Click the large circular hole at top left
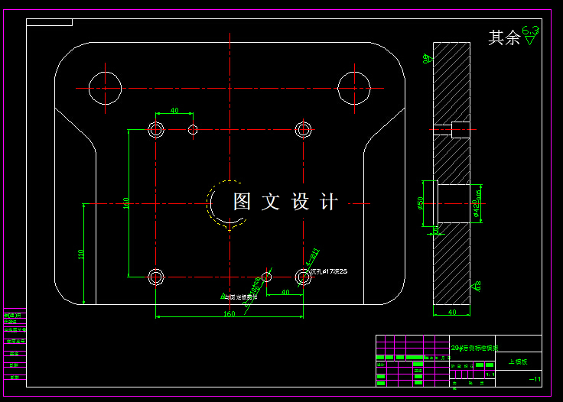[x=105, y=88]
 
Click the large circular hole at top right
[x=354, y=88]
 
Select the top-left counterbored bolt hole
[x=156, y=129]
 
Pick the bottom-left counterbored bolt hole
[x=156, y=276]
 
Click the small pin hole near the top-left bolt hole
[x=193, y=129]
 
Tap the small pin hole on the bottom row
[x=266, y=276]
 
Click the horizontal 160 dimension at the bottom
[x=229, y=313]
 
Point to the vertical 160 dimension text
[x=126, y=205]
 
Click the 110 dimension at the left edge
[x=81, y=254]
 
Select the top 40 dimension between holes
[x=174, y=112]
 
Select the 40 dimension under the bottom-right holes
[x=285, y=292]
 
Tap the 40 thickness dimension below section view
[x=451, y=312]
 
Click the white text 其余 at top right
[x=504, y=38]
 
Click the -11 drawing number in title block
[x=535, y=380]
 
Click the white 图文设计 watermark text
[x=285, y=202]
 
